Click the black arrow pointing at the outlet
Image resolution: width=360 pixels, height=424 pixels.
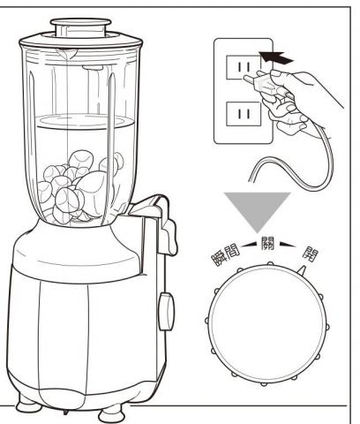click(x=276, y=58)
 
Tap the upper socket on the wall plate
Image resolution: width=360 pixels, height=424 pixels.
click(x=244, y=67)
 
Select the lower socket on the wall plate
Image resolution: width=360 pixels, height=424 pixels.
click(x=244, y=114)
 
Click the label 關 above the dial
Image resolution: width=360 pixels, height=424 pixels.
click(x=267, y=243)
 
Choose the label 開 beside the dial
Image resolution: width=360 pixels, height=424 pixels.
click(x=311, y=254)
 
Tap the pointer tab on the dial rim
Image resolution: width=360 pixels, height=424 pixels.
click(x=303, y=270)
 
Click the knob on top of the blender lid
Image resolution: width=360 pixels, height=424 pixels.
click(x=81, y=27)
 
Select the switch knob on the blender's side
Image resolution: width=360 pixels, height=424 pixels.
click(x=166, y=311)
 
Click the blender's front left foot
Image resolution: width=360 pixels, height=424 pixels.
click(x=29, y=404)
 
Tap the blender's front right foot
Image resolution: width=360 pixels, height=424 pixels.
click(x=113, y=413)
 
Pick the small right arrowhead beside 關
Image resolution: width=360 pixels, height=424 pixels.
click(x=288, y=244)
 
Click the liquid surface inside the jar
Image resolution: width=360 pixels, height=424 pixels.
click(x=85, y=121)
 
